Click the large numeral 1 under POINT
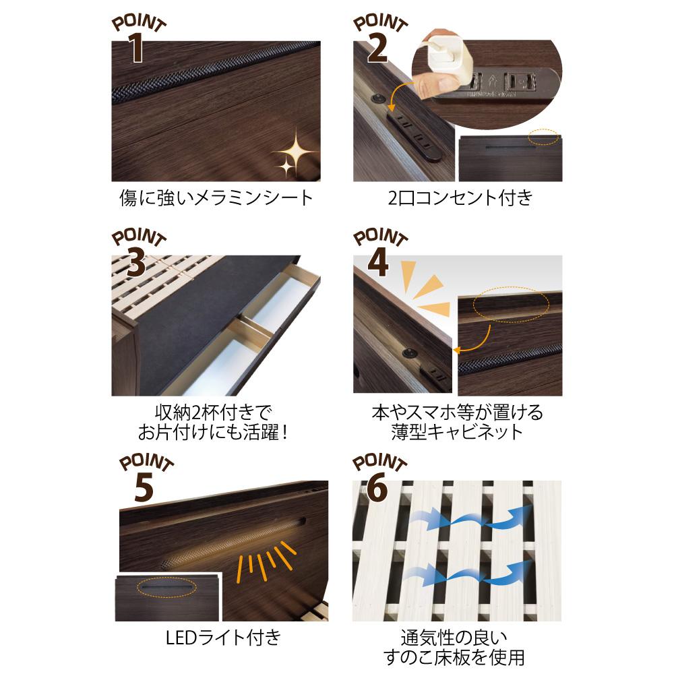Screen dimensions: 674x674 click(136, 48)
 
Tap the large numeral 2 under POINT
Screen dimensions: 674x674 click(377, 48)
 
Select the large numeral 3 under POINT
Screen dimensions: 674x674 click(136, 263)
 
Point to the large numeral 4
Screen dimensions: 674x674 click(378, 263)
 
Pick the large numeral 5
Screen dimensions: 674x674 click(144, 487)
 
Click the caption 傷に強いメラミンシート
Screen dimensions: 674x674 click(216, 198)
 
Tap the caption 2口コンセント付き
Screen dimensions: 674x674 click(460, 198)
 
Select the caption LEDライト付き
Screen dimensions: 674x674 click(224, 638)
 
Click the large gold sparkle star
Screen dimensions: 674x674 click(296, 150)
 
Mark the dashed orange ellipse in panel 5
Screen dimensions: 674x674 click(166, 587)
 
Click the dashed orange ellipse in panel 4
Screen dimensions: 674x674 click(511, 305)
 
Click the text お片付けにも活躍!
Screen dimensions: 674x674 click(212, 433)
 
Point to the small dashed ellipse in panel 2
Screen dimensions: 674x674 click(543, 137)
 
